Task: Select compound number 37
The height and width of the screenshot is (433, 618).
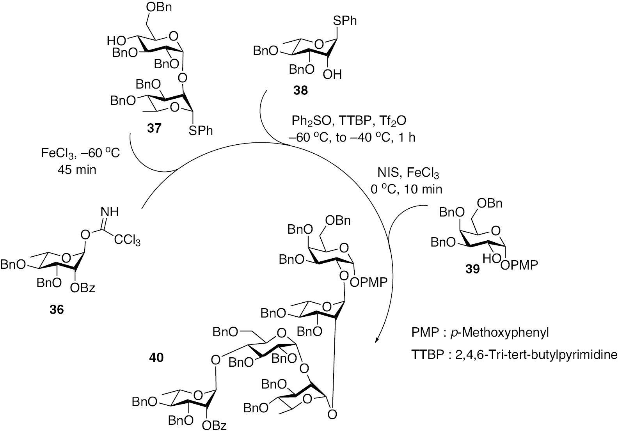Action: (154, 128)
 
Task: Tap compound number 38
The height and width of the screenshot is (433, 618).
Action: (300, 91)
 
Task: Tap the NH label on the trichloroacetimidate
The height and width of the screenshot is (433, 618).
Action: (109, 212)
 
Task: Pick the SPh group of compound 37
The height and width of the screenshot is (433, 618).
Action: (201, 131)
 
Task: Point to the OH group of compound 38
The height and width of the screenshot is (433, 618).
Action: (332, 74)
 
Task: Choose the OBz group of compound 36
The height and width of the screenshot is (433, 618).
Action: (83, 288)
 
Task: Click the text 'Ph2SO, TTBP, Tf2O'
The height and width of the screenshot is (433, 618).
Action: (349, 121)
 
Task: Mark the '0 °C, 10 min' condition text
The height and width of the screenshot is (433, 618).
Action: (406, 190)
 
